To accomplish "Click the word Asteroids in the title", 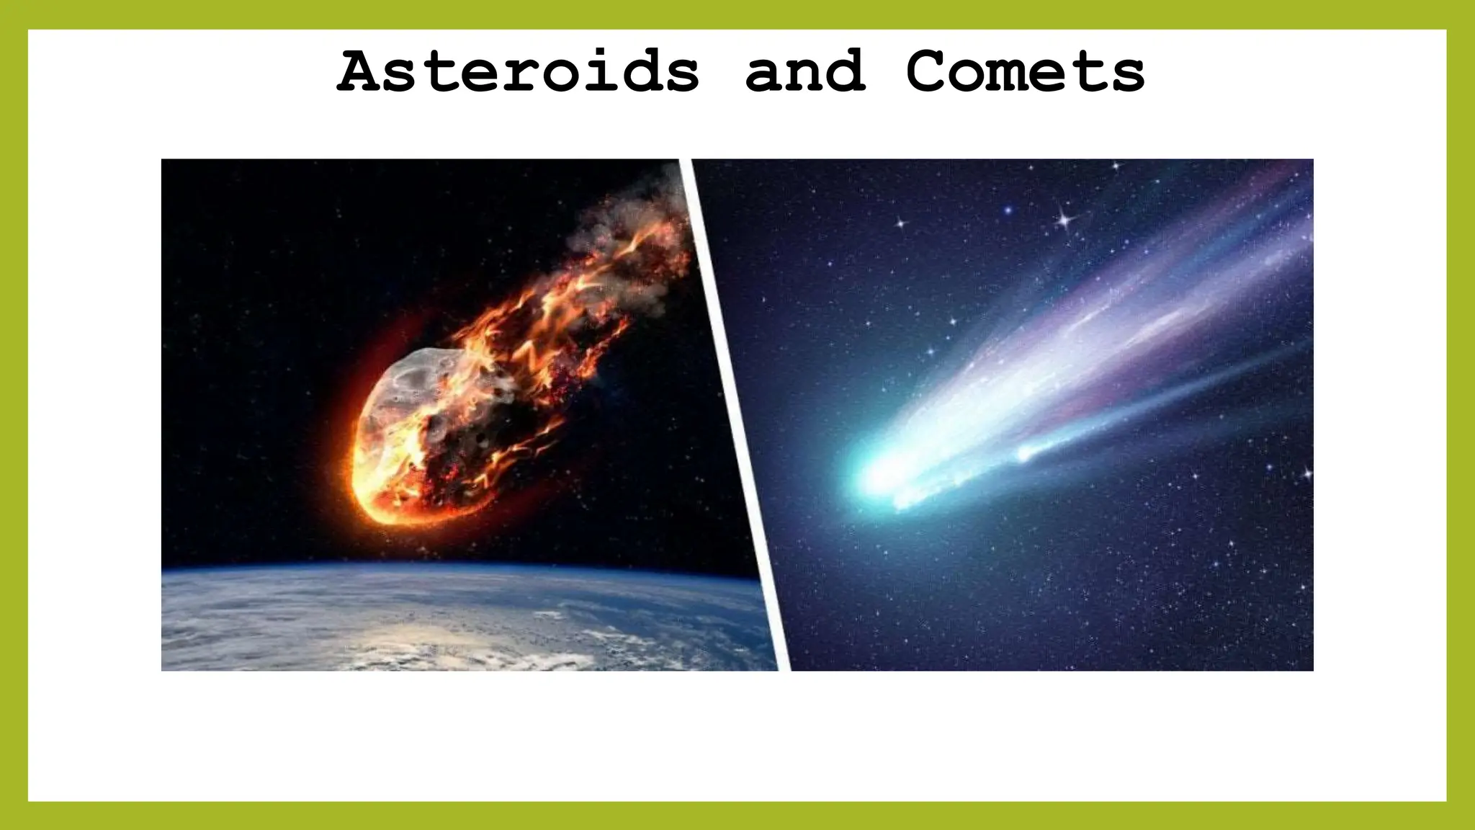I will point(519,72).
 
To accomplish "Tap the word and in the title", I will point(805,72).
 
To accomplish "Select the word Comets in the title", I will point(1026,72).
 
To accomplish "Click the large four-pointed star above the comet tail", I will point(1064,218).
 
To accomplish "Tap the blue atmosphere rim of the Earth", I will point(461,569).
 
